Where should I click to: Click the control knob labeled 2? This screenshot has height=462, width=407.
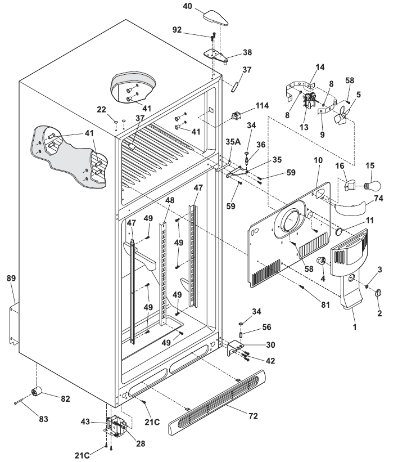tap(378, 292)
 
